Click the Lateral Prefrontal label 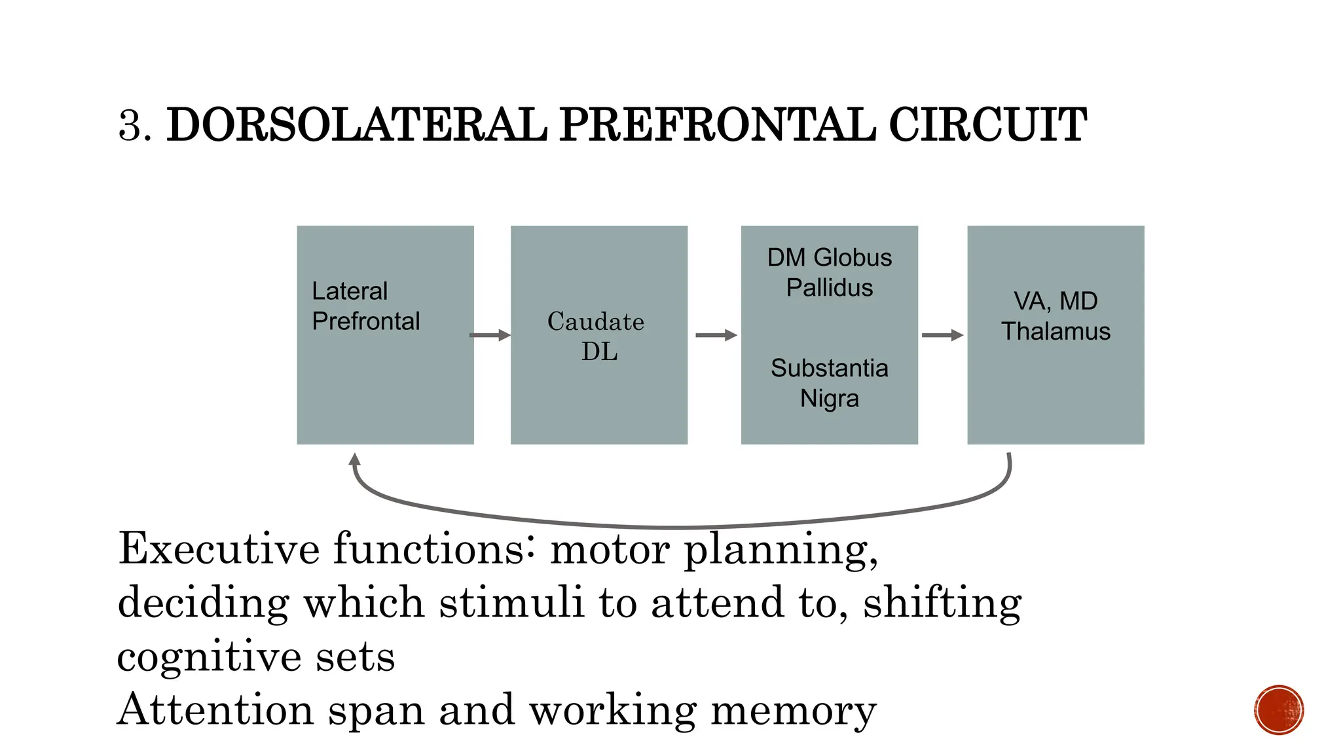tap(365, 306)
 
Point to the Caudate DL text tap(597, 336)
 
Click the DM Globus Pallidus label tap(829, 272)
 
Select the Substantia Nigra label tap(829, 383)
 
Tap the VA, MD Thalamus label tap(1056, 316)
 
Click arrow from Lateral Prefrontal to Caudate tap(490, 335)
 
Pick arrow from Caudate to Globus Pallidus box tap(716, 335)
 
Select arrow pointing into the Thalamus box tap(942, 335)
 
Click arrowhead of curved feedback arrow tap(355, 459)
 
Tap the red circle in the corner tap(1279, 710)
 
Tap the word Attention tap(215, 709)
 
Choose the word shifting tap(942, 603)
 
